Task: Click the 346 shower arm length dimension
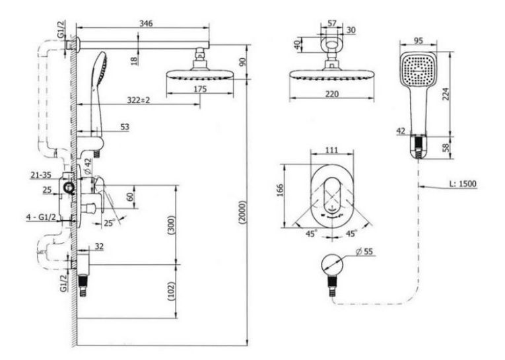[x=146, y=24]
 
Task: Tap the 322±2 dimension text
[x=139, y=100]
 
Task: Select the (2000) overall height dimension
[x=242, y=213]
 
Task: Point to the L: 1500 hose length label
[x=463, y=184]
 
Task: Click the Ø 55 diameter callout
[x=364, y=251]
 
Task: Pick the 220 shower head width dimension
[x=332, y=94]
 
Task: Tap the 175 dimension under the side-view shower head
[x=199, y=89]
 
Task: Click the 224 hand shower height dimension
[x=446, y=94]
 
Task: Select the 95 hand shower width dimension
[x=418, y=40]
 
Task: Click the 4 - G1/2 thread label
[x=41, y=217]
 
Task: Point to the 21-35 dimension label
[x=41, y=175]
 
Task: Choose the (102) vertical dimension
[x=172, y=292]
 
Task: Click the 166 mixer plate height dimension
[x=279, y=190]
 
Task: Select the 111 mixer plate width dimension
[x=331, y=150]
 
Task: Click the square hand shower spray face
[x=419, y=70]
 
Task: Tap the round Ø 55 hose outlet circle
[x=332, y=265]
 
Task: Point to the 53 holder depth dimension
[x=125, y=127]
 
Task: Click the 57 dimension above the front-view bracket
[x=332, y=23]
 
